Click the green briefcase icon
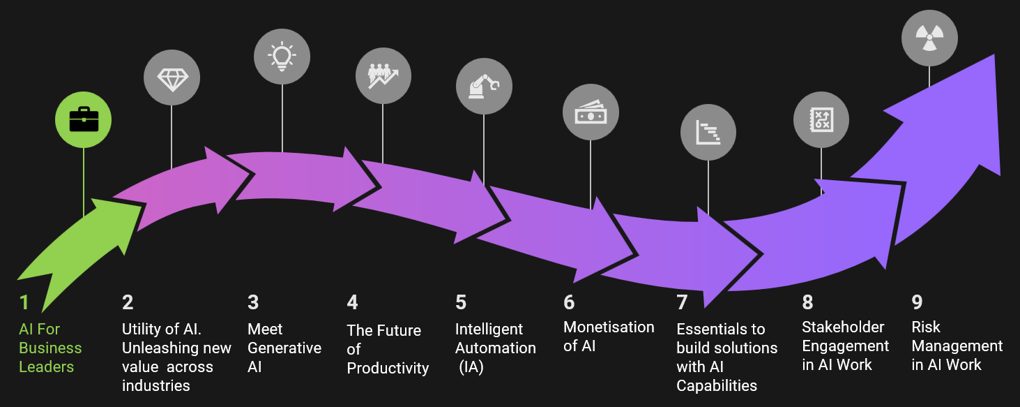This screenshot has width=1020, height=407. click(x=84, y=120)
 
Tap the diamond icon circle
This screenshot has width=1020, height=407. click(x=172, y=78)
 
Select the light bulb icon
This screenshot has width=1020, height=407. click(x=282, y=56)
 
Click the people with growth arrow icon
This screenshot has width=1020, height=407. click(x=383, y=75)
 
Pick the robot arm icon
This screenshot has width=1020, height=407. click(x=484, y=87)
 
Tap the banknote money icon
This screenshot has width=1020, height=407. click(x=591, y=112)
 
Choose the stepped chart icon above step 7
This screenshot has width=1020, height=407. click(x=708, y=132)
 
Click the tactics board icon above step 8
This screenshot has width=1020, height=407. click(x=821, y=119)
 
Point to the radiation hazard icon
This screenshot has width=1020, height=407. click(x=929, y=38)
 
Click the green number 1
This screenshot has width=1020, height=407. click(x=24, y=302)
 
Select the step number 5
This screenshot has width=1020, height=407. click(x=461, y=302)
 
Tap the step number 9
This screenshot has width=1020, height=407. click(x=917, y=302)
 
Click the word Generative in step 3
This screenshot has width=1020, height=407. click(x=284, y=348)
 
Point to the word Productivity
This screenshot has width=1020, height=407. click(x=388, y=368)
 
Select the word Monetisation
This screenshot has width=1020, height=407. click(x=609, y=327)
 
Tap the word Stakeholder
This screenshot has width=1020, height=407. click(x=843, y=327)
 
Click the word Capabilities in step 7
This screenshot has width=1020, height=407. click(x=717, y=385)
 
